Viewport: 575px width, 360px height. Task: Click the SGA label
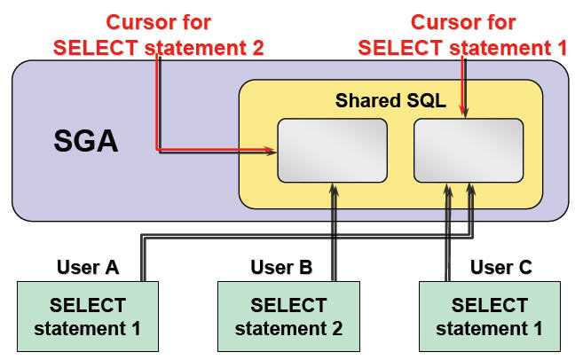pyautogui.click(x=86, y=141)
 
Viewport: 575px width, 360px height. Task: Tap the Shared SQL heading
pyautogui.click(x=390, y=100)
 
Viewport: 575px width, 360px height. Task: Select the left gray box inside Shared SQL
pyautogui.click(x=333, y=148)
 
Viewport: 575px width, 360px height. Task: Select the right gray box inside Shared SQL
pyautogui.click(x=468, y=148)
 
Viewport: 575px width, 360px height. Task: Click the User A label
pyautogui.click(x=88, y=267)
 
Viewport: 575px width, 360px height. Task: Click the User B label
pyautogui.click(x=280, y=267)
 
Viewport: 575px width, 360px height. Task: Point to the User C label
pyautogui.click(x=501, y=267)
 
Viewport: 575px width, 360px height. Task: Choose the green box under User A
pyautogui.click(x=88, y=317)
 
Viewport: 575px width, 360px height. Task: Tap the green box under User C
pyautogui.click(x=490, y=317)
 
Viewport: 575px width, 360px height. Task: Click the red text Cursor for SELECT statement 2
pyautogui.click(x=158, y=35)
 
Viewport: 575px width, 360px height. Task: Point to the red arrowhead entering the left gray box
pyautogui.click(x=272, y=153)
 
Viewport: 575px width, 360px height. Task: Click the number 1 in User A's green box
pyautogui.click(x=138, y=329)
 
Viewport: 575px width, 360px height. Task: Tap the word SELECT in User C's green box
pyautogui.click(x=490, y=305)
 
